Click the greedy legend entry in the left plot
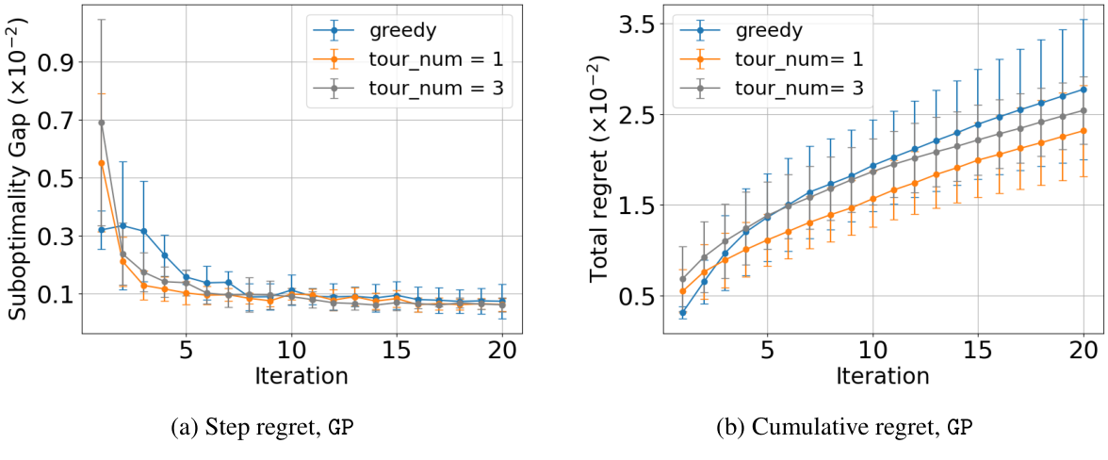pyautogui.click(x=404, y=30)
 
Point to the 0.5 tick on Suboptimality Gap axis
pyautogui.click(x=59, y=178)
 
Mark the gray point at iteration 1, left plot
pyautogui.click(x=101, y=123)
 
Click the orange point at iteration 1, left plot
pyautogui.click(x=101, y=163)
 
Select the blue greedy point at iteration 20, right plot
pyautogui.click(x=1084, y=90)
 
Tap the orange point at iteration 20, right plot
pyautogui.click(x=1084, y=130)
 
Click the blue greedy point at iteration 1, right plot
pyautogui.click(x=682, y=313)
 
